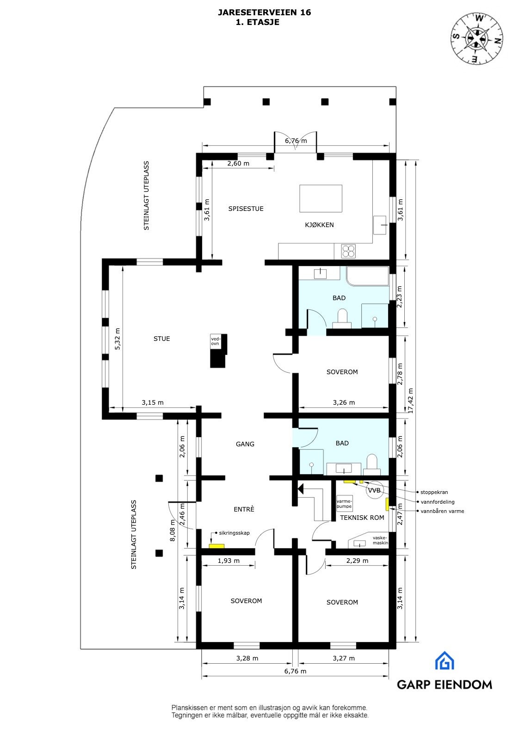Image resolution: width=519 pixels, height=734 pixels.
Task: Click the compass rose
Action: (477, 38)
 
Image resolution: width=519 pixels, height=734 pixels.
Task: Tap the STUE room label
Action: (161, 339)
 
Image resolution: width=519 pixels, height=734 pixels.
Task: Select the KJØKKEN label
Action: (319, 225)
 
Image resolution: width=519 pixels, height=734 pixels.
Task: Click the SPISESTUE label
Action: (246, 209)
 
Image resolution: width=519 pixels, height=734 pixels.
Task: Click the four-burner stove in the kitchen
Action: (349, 251)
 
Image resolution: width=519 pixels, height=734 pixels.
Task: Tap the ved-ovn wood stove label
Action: (215, 341)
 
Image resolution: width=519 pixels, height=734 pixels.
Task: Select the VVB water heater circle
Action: (374, 490)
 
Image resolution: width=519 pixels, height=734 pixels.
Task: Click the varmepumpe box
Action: (345, 504)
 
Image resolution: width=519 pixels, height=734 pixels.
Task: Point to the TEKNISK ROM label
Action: (362, 518)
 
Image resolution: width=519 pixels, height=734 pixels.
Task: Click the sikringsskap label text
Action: (234, 533)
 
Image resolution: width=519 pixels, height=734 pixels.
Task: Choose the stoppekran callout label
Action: (434, 492)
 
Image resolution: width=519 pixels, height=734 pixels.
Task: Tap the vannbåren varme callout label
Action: (442, 511)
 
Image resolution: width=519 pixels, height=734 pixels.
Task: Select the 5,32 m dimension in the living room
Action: (117, 339)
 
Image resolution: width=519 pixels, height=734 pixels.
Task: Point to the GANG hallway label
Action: (245, 444)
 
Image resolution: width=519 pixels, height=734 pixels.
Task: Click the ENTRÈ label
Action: (244, 509)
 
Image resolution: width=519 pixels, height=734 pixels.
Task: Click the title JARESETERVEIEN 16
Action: (264, 13)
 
